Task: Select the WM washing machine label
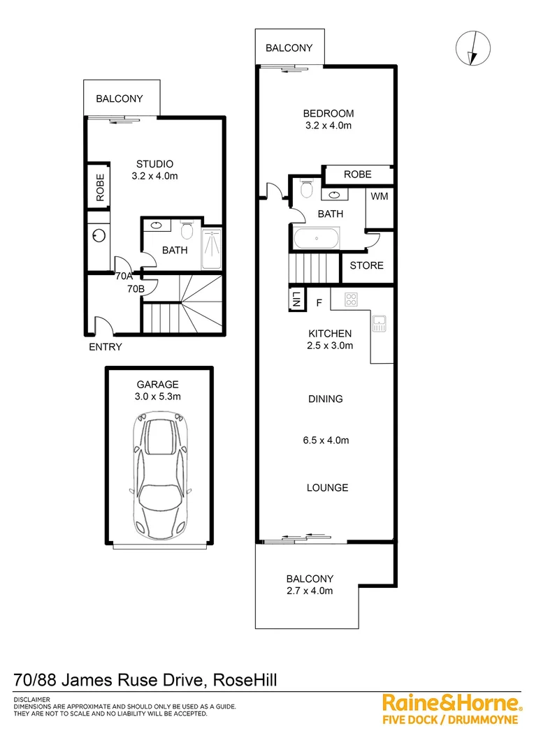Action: click(380, 197)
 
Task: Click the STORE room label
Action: click(366, 265)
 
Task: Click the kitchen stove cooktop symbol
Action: click(351, 300)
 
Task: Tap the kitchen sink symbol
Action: click(380, 323)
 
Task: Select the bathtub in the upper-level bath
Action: click(317, 239)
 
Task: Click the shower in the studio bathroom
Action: click(212, 249)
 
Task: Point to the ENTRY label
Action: click(106, 347)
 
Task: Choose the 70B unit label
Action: click(136, 288)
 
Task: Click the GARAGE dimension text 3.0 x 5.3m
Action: click(158, 397)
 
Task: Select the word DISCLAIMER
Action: click(31, 700)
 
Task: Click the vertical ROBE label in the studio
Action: click(100, 187)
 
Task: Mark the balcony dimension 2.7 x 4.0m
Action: click(310, 591)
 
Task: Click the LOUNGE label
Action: click(327, 487)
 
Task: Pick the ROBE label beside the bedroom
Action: click(357, 175)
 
